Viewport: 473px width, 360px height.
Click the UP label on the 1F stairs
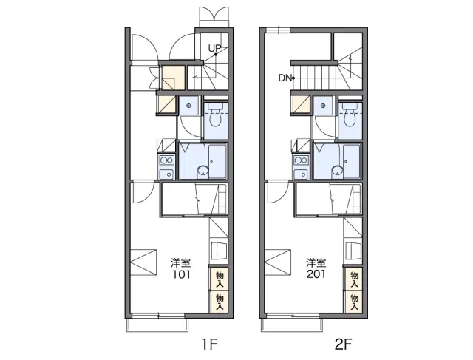214,48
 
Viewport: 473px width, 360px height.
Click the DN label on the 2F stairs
285,78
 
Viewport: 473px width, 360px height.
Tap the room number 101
181,274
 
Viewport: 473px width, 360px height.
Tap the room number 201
316,274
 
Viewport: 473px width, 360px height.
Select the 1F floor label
209,344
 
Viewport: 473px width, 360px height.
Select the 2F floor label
343,344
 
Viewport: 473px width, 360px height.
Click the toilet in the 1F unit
216,116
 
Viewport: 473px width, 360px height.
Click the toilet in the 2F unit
350,116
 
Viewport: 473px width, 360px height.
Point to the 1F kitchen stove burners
167,160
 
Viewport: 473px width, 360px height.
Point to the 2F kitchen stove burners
302,160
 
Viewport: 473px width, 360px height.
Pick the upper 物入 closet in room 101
220,279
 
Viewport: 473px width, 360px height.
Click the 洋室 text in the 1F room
181,263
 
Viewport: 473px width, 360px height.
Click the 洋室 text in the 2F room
316,263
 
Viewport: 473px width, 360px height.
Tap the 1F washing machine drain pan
189,106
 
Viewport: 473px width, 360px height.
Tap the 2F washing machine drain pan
324,106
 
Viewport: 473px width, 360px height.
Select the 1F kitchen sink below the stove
166,174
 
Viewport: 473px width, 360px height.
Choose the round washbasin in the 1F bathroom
203,171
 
